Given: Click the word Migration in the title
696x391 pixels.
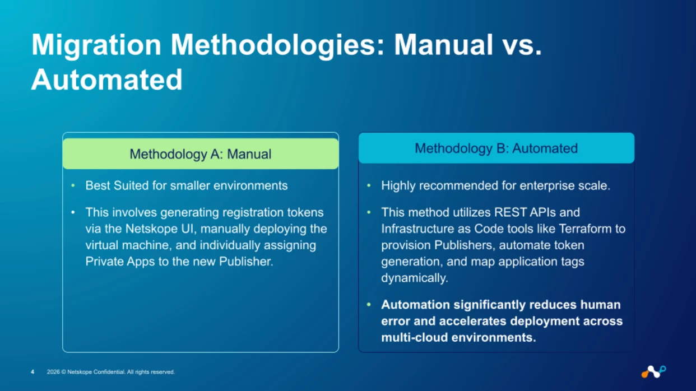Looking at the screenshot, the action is pyautogui.click(x=96, y=45).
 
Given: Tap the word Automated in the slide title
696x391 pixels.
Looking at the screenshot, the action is pyautogui.click(x=106, y=80).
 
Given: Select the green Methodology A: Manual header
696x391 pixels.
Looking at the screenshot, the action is pyautogui.click(x=201, y=153).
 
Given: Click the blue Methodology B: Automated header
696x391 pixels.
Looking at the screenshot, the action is pyautogui.click(x=496, y=148).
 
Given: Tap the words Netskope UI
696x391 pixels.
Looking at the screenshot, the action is pyautogui.click(x=161, y=229).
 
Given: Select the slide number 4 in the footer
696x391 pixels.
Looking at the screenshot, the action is pyautogui.click(x=33, y=372).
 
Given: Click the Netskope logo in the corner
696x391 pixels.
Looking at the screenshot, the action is pyautogui.click(x=653, y=371).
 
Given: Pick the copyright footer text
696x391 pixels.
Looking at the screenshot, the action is pyautogui.click(x=111, y=372).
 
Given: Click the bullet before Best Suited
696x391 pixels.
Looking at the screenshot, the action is pyautogui.click(x=73, y=186).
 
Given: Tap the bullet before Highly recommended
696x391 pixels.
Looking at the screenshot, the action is pyautogui.click(x=369, y=186).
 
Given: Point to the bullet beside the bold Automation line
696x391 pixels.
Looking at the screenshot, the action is pyautogui.click(x=369, y=305).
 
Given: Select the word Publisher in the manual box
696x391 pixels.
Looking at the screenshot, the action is pyautogui.click(x=246, y=262).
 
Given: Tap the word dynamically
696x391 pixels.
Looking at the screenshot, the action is pyautogui.click(x=415, y=278).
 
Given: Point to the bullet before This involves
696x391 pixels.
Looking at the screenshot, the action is pyautogui.click(x=73, y=212).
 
